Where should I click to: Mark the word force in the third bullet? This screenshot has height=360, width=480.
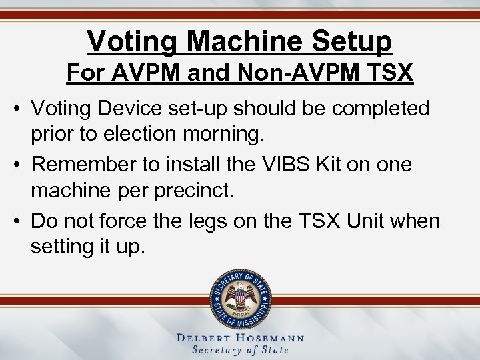pos(137,221)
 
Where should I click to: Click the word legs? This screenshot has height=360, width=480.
pos(227,221)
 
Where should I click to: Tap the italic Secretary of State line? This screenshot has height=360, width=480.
pos(240,350)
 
